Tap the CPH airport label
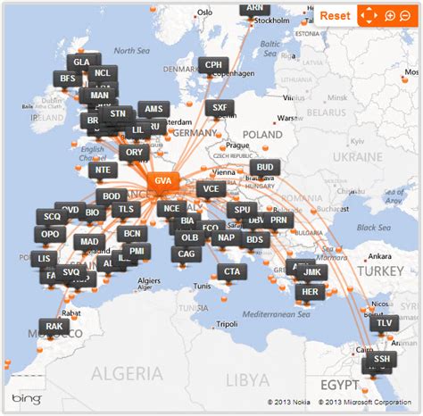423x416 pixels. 214,65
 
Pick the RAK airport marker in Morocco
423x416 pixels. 54,328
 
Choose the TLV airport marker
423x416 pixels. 384,323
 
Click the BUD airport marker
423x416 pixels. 265,167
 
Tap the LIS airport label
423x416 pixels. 47,259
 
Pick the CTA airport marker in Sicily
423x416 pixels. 233,270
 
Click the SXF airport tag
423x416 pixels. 219,107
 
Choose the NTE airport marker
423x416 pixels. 105,168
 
